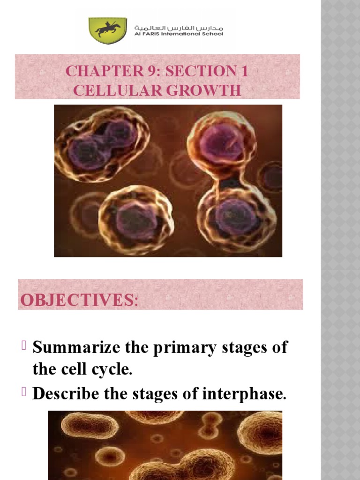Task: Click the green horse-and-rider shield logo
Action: click(x=107, y=30)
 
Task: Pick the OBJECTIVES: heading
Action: click(x=78, y=299)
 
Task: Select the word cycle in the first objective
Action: click(x=112, y=370)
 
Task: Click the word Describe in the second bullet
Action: click(x=66, y=394)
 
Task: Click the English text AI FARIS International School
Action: click(x=179, y=34)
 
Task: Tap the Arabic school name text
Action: click(x=179, y=27)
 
